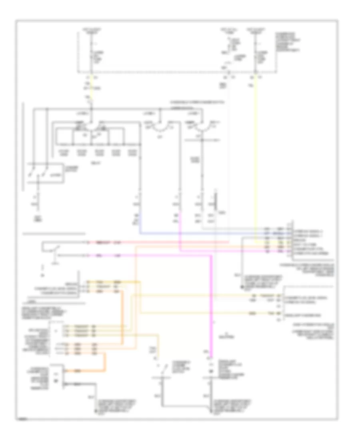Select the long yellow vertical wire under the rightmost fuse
point(256,160)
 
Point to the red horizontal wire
point(160,242)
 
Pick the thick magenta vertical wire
point(210,304)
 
